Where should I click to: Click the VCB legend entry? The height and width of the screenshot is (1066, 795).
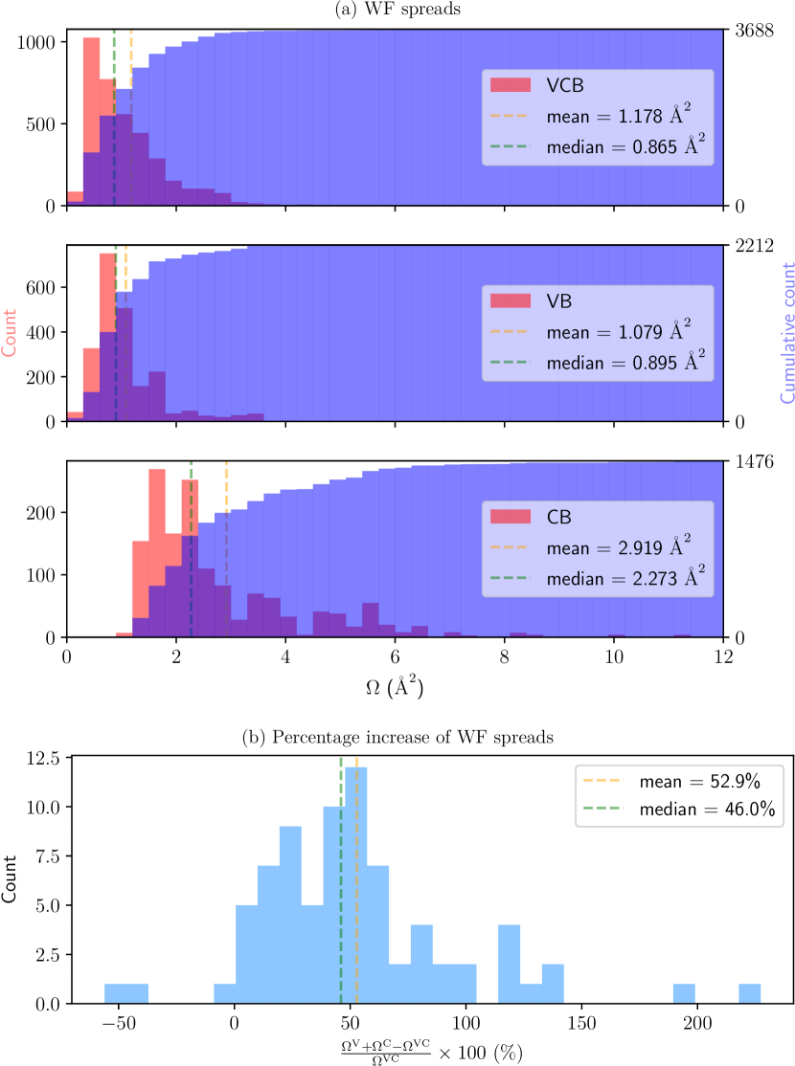click(565, 85)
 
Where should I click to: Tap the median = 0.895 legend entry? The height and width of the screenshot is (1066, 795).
click(626, 363)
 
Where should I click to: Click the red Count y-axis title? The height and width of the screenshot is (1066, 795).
click(10, 333)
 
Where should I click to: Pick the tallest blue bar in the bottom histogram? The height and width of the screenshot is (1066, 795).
click(355, 885)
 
